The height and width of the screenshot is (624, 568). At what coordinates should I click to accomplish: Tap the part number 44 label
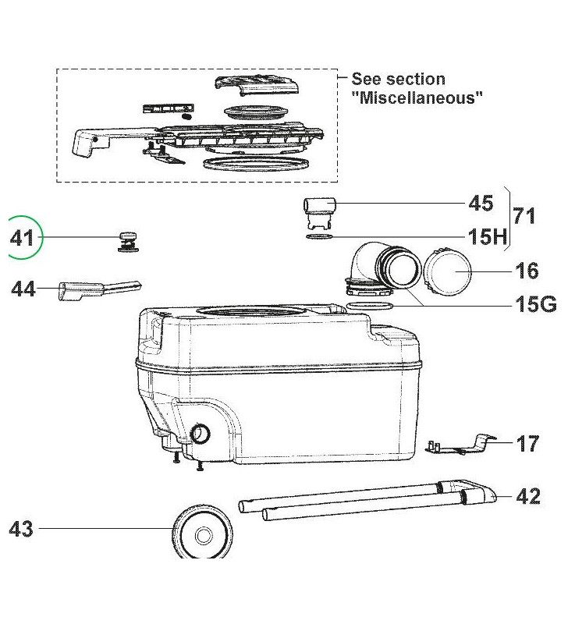click(x=23, y=289)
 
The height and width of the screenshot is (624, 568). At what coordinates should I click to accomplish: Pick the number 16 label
click(x=527, y=271)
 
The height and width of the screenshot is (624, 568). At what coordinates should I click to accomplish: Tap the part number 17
click(x=527, y=444)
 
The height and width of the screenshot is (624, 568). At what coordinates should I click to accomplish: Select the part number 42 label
click(x=528, y=496)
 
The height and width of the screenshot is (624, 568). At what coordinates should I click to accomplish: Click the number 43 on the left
click(x=21, y=529)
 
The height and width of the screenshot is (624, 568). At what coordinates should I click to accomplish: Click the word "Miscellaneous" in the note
click(x=417, y=97)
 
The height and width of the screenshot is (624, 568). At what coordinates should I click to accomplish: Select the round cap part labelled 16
click(x=448, y=273)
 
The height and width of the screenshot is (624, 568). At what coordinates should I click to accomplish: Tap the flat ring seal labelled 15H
click(x=321, y=236)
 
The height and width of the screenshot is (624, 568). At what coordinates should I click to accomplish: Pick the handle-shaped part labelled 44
click(x=98, y=291)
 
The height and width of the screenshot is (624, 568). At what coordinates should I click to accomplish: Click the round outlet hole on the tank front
click(x=201, y=434)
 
